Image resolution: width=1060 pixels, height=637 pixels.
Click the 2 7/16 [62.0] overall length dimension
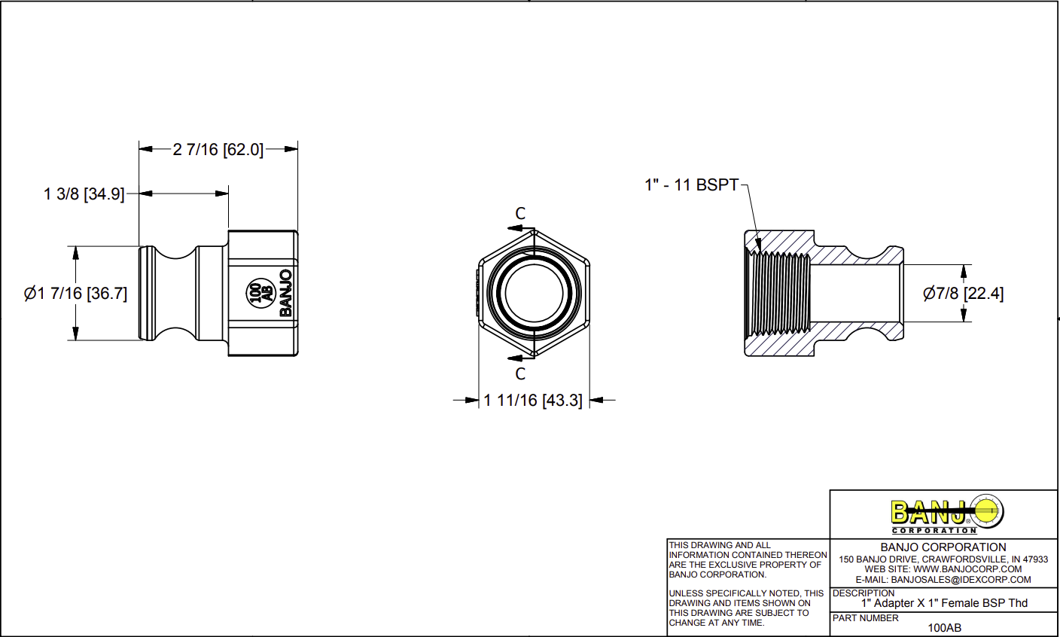[x=218, y=150]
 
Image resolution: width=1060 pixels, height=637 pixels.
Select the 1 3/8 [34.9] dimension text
[x=84, y=194]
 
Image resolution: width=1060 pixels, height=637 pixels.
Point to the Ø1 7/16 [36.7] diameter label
[x=75, y=294]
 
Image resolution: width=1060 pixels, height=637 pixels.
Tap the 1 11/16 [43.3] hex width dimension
[x=533, y=401]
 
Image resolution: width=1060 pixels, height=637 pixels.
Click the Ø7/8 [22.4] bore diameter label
[x=963, y=294]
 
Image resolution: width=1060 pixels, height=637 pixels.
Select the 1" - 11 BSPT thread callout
[x=691, y=184]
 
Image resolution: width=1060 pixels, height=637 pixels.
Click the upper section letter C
[x=520, y=214]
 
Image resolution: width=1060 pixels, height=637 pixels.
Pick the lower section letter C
[x=520, y=373]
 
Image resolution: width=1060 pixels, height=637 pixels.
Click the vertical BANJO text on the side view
[x=285, y=293]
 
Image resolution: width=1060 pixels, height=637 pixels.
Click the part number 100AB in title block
[x=944, y=627]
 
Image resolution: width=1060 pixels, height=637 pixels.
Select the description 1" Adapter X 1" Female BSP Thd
[x=944, y=603]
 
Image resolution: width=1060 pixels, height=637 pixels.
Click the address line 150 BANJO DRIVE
[x=943, y=559]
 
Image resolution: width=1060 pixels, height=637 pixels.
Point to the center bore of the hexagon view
[x=534, y=294]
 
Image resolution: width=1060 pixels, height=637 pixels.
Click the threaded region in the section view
[x=778, y=294]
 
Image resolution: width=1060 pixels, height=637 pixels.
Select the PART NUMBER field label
[x=865, y=618]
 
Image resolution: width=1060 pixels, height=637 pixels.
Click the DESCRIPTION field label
[x=864, y=593]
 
